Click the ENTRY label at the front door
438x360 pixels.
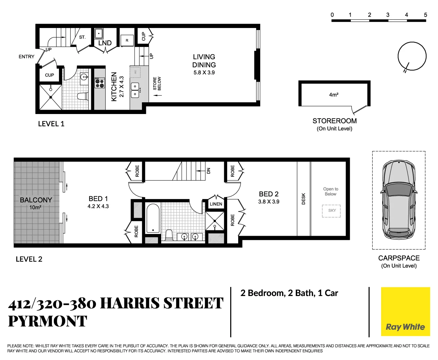[26, 57]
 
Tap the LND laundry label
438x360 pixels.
[105, 43]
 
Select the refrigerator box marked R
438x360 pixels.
[127, 40]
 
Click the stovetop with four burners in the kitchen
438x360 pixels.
[100, 83]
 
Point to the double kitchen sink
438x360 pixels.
[135, 90]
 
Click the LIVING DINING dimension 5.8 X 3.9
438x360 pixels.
[204, 73]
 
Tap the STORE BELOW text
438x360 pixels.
[157, 83]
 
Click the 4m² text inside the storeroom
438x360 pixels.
[333, 95]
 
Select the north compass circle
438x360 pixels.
[412, 56]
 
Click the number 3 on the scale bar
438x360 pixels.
[388, 15]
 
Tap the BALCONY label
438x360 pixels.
[36, 200]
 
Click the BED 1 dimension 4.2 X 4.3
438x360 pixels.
[98, 206]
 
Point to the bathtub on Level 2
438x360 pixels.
[153, 218]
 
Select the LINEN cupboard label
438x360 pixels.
[216, 204]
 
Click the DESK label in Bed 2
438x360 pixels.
[303, 199]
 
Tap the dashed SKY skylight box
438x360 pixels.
[331, 211]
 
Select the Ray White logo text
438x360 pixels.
[405, 327]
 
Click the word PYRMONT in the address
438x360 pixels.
[47, 321]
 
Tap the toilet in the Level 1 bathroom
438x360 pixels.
[83, 96]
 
